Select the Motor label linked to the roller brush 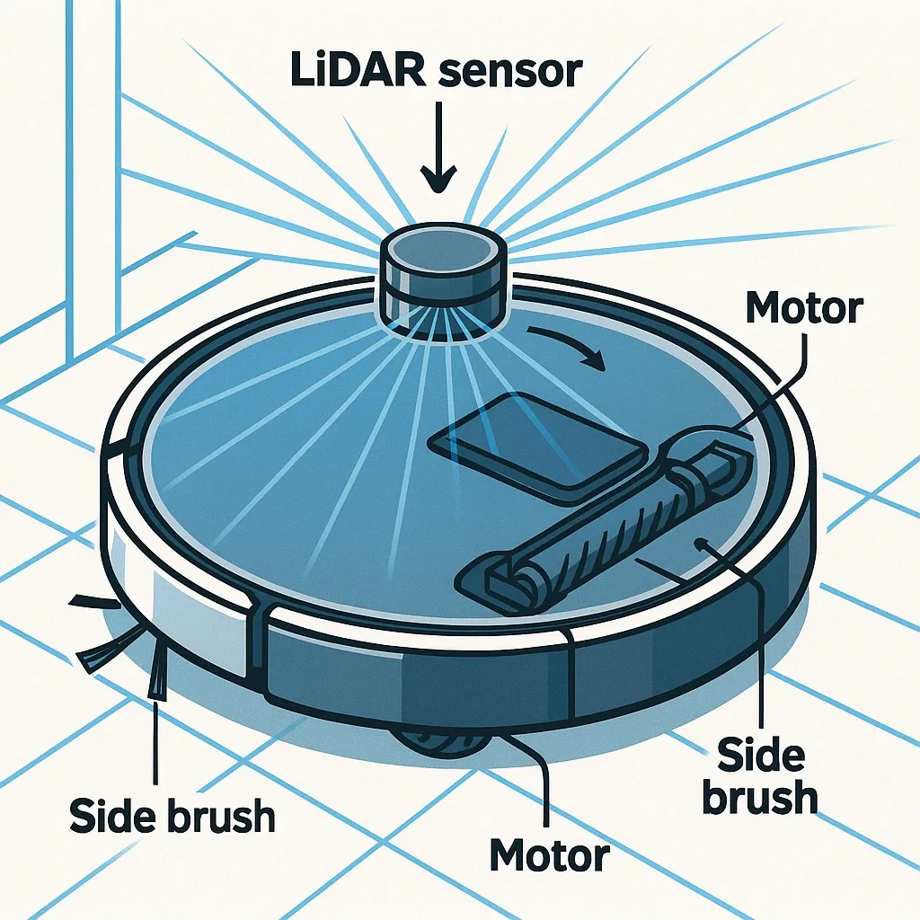tap(804, 309)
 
